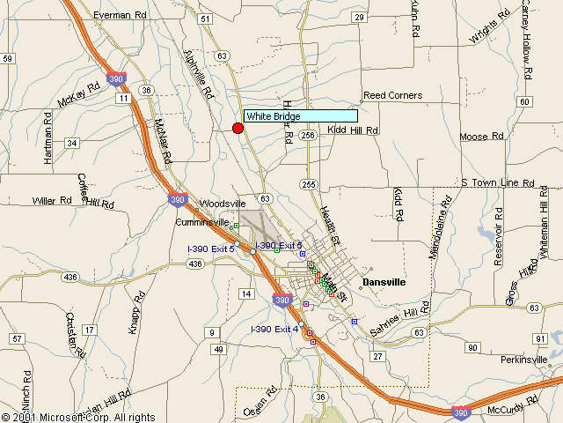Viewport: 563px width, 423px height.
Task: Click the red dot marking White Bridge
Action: coord(238,129)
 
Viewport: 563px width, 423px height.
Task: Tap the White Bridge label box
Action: coord(300,116)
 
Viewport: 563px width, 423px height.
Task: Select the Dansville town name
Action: coord(384,282)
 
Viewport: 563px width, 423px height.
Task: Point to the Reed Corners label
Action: coord(393,95)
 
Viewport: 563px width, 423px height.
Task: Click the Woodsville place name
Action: coord(223,203)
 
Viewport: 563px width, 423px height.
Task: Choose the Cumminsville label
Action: coord(202,222)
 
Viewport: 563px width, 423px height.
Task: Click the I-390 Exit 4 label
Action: coord(274,329)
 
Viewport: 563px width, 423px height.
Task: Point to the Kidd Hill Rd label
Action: coord(353,130)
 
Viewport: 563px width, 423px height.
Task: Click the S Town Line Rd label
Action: coord(498,182)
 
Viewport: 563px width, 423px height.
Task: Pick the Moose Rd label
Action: coord(481,137)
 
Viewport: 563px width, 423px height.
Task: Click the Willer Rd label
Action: coord(52,201)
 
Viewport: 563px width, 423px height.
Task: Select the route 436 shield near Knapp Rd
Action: coord(71,278)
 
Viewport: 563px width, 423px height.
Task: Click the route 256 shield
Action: coord(307,135)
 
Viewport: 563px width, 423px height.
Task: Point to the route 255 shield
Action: coord(307,184)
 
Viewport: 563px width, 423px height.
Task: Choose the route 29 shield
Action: coord(359,17)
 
